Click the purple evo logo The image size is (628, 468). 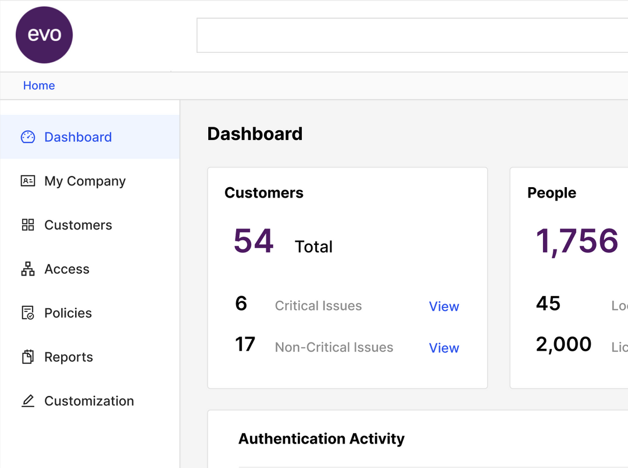pyautogui.click(x=44, y=35)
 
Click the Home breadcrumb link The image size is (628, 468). pyautogui.click(x=39, y=85)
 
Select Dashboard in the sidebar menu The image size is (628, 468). pyautogui.click(x=78, y=137)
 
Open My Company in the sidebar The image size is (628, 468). pyautogui.click(x=85, y=181)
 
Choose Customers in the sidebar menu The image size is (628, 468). pyautogui.click(x=78, y=225)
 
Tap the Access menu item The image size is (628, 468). pyautogui.click(x=67, y=269)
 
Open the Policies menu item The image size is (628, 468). pyautogui.click(x=68, y=313)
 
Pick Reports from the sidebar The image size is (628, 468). pyautogui.click(x=69, y=357)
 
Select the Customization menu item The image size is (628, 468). pyautogui.click(x=89, y=401)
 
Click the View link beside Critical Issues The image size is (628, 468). pyautogui.click(x=444, y=306)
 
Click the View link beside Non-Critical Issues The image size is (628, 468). pyautogui.click(x=444, y=348)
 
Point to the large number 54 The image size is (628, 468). pyautogui.click(x=254, y=241)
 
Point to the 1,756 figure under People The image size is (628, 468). pyautogui.click(x=577, y=241)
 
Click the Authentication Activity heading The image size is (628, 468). pyautogui.click(x=321, y=439)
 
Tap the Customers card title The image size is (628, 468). pyautogui.click(x=264, y=193)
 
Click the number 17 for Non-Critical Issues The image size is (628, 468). pyautogui.click(x=245, y=344)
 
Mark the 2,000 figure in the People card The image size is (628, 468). pyautogui.click(x=563, y=344)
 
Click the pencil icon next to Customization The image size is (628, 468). pyautogui.click(x=28, y=401)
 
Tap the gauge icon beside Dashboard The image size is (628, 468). pyautogui.click(x=28, y=137)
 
